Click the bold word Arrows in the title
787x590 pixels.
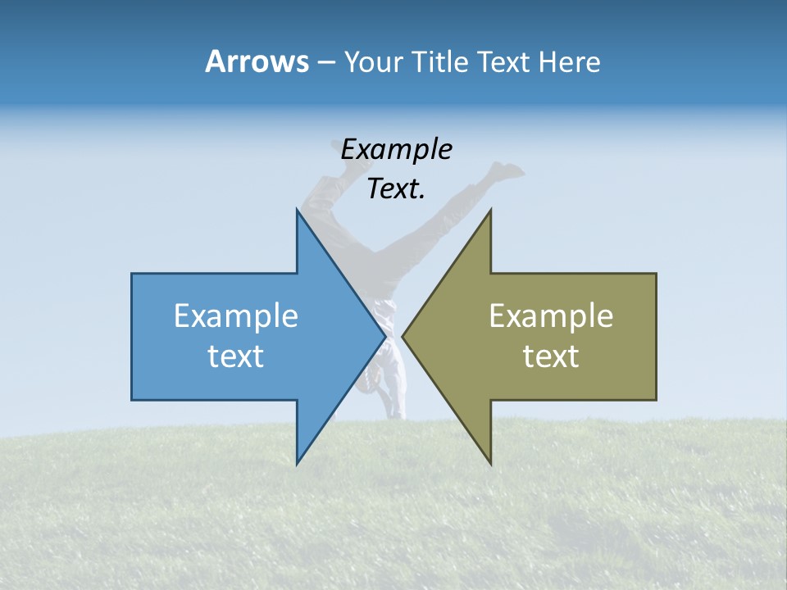tap(257, 61)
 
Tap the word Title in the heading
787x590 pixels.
tap(442, 62)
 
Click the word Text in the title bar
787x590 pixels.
tap(504, 62)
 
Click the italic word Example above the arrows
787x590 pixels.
tap(397, 150)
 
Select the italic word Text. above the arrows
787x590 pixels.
tap(397, 189)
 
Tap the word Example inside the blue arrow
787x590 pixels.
tap(236, 315)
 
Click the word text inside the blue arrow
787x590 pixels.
tap(236, 356)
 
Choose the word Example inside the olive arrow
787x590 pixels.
tap(551, 315)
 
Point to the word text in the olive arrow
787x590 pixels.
tap(551, 356)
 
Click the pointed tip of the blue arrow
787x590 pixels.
tap(384, 336)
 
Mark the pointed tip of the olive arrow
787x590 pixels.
tap(403, 336)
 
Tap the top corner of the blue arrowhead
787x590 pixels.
tap(297, 210)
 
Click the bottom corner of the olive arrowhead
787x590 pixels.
tap(490, 464)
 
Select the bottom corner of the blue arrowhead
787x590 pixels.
tap(297, 464)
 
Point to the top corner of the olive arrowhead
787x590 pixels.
tap(490, 210)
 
